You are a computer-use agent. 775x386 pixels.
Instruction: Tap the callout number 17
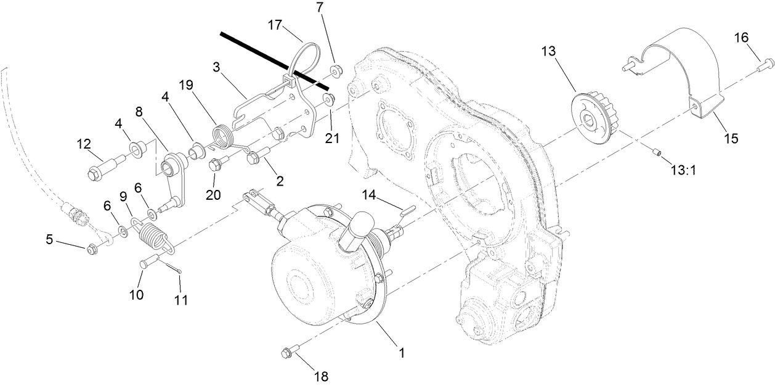tap(275, 25)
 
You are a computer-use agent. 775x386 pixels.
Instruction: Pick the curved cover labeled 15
tap(684, 68)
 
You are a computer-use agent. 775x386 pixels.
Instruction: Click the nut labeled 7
tap(336, 69)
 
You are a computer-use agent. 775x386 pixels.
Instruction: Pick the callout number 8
tap(139, 112)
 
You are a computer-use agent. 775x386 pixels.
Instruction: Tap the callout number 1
tap(401, 353)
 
